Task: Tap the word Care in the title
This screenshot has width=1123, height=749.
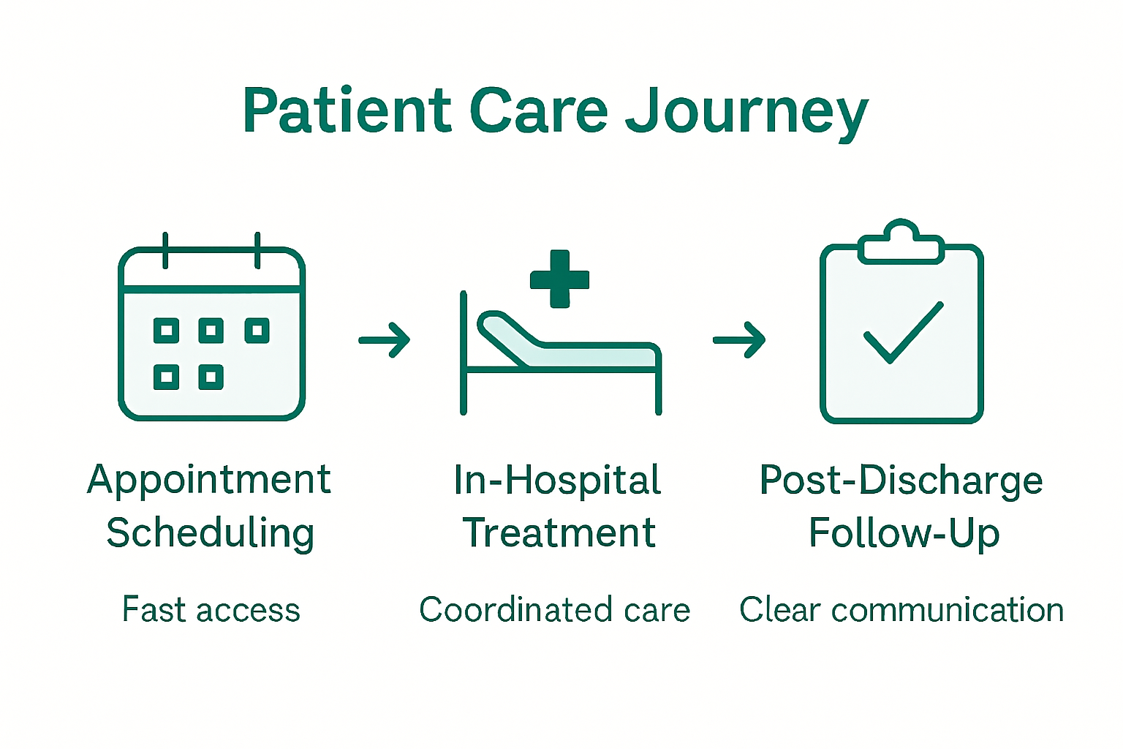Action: [538, 111]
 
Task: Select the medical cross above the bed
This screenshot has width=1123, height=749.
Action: [559, 279]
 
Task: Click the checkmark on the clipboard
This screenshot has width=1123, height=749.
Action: [903, 333]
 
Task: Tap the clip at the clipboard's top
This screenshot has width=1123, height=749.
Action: [901, 244]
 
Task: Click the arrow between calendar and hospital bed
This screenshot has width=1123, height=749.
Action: [385, 340]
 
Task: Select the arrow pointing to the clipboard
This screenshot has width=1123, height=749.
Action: [739, 340]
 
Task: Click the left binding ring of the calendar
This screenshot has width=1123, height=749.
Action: [166, 251]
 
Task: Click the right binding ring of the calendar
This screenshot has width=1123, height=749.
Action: [257, 251]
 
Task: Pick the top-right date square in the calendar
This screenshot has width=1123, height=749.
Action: [257, 331]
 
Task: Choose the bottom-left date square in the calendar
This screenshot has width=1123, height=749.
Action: [167, 377]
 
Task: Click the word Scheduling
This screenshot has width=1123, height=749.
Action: [210, 533]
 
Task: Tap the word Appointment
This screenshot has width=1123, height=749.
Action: [209, 481]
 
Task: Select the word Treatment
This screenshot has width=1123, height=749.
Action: [559, 532]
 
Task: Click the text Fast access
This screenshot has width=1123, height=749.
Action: [211, 610]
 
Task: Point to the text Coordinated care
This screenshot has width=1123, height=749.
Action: [554, 610]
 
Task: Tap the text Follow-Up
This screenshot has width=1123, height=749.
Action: [904, 533]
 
